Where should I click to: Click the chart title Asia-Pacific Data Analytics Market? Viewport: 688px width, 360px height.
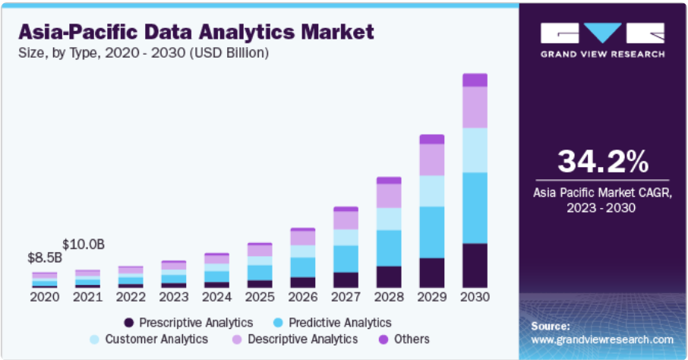196,32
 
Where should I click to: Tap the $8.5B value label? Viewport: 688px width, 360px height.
45,258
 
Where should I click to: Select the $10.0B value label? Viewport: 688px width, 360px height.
84,244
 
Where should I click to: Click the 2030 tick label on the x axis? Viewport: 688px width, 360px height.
475,297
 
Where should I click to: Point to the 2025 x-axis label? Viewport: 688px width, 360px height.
260,297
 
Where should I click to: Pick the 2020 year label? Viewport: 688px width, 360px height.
45,297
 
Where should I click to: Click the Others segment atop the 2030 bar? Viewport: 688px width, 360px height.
475,80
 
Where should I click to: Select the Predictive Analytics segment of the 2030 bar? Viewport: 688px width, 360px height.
475,207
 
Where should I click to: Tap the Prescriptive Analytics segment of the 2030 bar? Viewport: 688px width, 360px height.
475,265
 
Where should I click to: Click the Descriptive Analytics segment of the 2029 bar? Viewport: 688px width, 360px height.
431,159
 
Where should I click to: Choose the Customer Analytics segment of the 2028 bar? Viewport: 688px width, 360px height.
389,219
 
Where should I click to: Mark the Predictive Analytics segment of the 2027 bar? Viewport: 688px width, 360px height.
346,258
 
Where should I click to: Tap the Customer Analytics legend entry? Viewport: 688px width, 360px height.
156,339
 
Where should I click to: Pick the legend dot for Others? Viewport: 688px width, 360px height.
383,339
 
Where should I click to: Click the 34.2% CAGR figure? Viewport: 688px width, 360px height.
603,161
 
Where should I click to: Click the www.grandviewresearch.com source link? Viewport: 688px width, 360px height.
603,339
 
